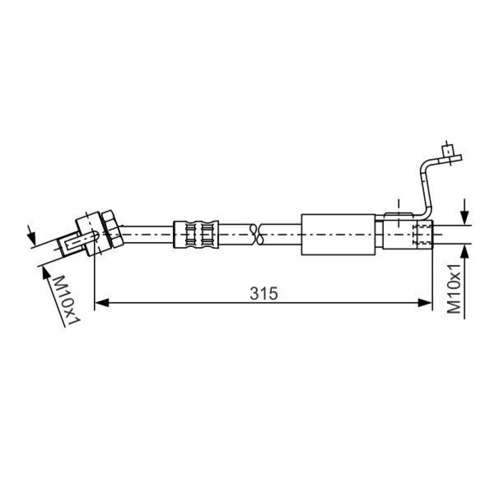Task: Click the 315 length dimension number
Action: pyautogui.click(x=264, y=293)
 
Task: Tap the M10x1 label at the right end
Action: pyautogui.click(x=454, y=289)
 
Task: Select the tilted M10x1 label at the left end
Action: pyautogui.click(x=66, y=300)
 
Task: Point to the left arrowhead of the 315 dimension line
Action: pyautogui.click(x=101, y=303)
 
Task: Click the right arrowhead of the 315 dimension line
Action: pyautogui.click(x=424, y=303)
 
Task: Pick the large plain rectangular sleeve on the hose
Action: pyautogui.click(x=338, y=234)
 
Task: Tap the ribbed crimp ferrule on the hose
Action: pyautogui.click(x=196, y=234)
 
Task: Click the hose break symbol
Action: pyautogui.click(x=256, y=234)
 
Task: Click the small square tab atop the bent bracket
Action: pyautogui.click(x=447, y=151)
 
